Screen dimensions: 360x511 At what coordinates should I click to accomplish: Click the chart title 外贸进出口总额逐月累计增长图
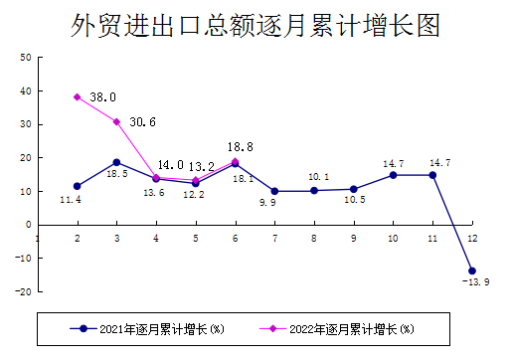click(x=255, y=26)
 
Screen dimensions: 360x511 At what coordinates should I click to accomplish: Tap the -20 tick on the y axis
click(x=22, y=291)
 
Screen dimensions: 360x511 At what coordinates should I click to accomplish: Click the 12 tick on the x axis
click(x=471, y=237)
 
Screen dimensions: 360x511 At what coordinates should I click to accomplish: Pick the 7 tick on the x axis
click(x=274, y=237)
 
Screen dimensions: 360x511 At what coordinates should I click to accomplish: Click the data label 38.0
click(x=103, y=97)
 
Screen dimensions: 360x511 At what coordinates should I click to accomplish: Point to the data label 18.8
click(x=241, y=145)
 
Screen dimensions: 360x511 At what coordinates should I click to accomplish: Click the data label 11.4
click(x=71, y=200)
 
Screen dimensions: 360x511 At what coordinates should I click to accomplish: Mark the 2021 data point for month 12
click(x=471, y=270)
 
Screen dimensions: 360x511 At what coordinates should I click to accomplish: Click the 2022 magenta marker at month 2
click(x=77, y=97)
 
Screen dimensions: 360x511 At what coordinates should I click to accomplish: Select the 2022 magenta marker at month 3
click(x=116, y=121)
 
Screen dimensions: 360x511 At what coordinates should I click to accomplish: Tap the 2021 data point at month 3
click(x=116, y=162)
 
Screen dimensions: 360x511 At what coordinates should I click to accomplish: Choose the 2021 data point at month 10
click(x=393, y=175)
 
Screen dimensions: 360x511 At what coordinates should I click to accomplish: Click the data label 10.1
click(x=318, y=176)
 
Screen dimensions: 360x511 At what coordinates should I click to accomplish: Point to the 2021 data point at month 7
click(x=274, y=191)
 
